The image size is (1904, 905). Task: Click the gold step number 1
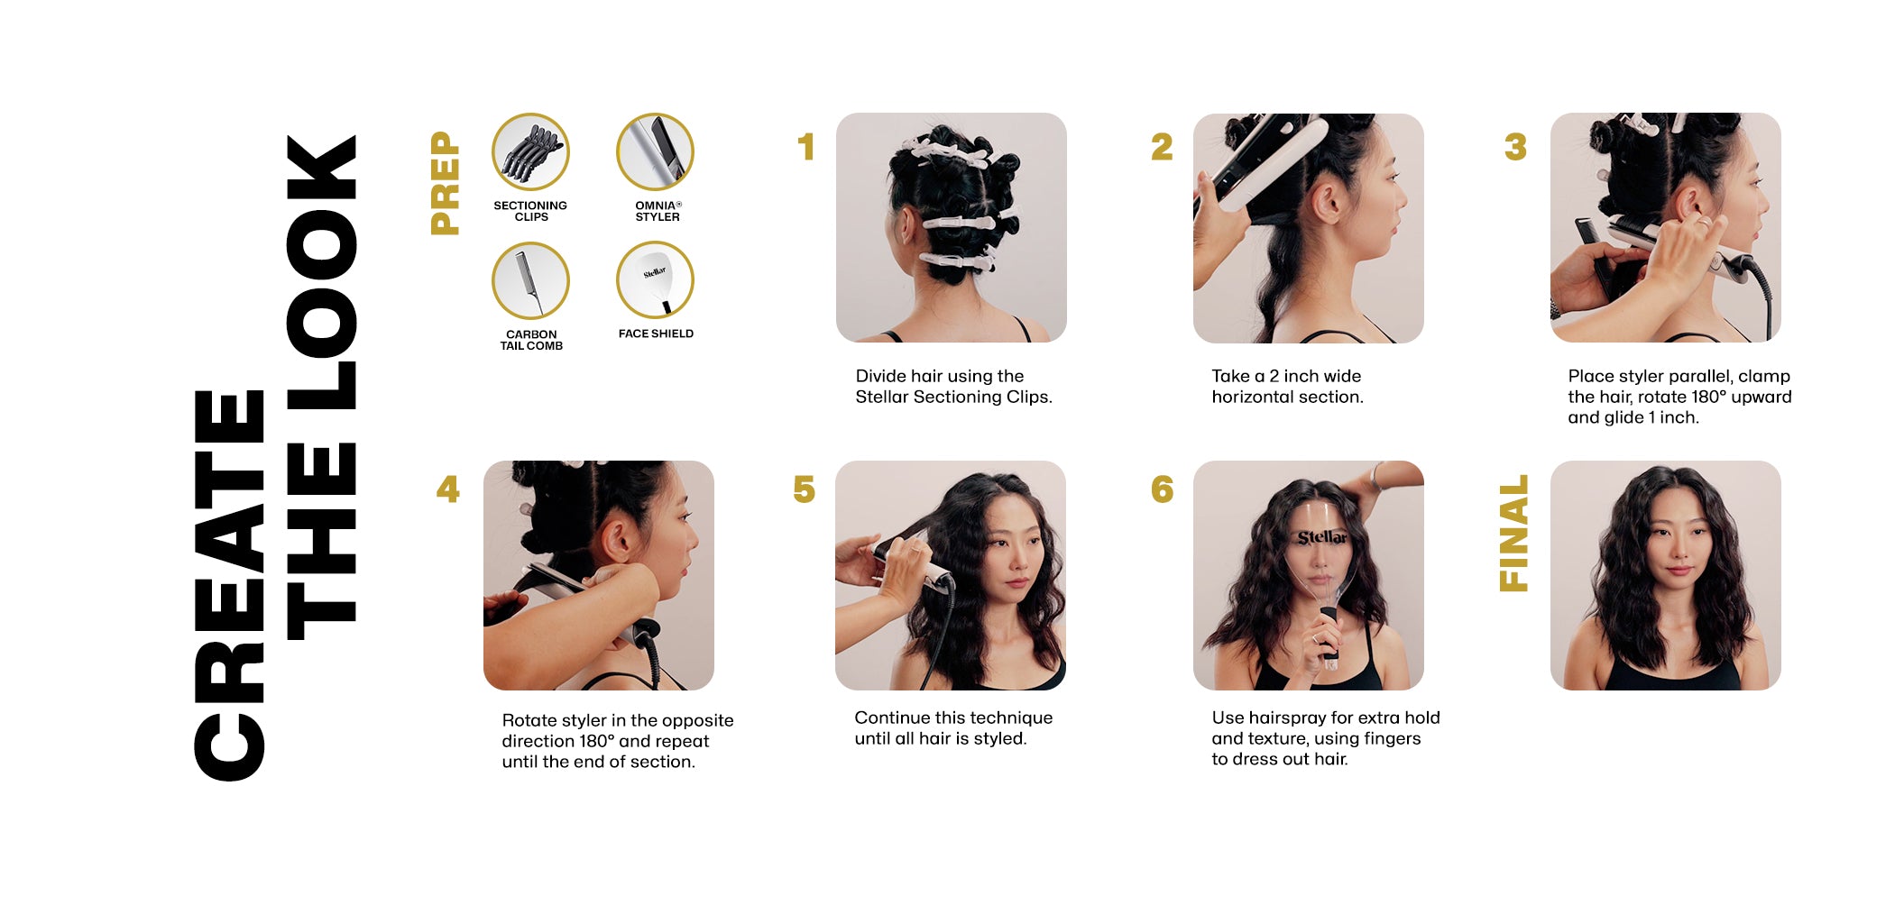806,147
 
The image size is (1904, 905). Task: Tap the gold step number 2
1162,147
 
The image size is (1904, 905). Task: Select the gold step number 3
1516,147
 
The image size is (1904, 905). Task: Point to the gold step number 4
448,489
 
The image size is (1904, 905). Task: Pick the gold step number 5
804,489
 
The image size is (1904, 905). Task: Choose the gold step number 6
1163,489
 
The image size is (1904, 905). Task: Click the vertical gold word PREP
446,183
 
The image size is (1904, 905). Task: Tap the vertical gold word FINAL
1513,534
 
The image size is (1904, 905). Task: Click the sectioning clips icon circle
530,151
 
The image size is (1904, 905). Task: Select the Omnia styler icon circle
655,151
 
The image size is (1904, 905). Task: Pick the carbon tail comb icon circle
530,280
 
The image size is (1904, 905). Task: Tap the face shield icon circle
655,280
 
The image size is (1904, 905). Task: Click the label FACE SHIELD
656,334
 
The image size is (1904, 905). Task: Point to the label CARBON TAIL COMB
531,340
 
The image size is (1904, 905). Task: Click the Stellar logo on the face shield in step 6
1322,538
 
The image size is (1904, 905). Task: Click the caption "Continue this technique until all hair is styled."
953,728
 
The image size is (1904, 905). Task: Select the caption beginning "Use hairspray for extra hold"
1325,738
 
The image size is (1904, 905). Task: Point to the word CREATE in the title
229,586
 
